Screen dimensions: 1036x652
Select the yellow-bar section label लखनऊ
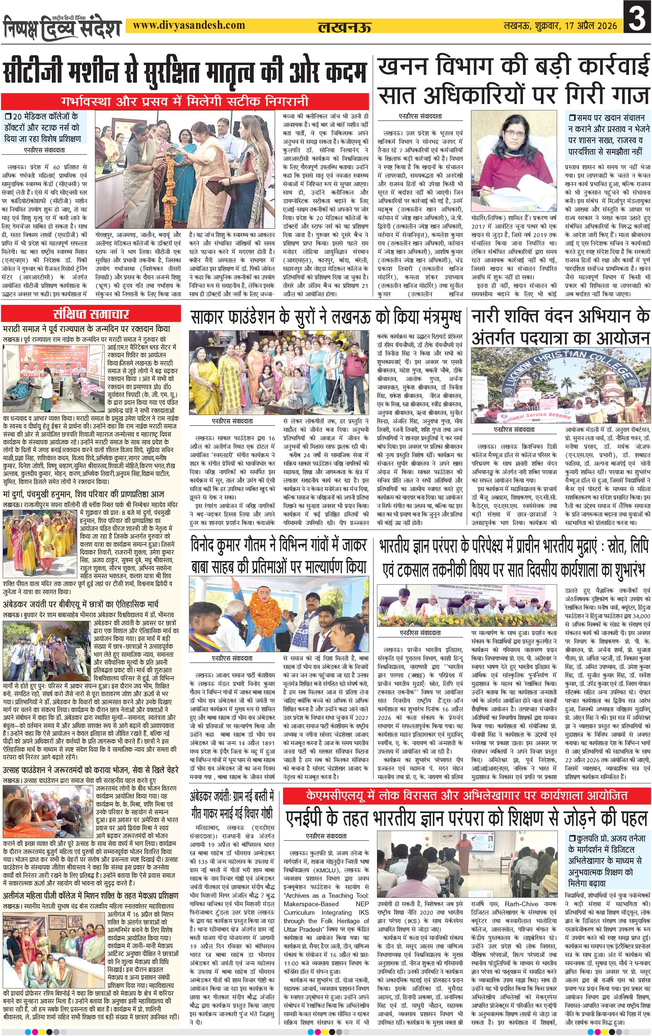[344, 27]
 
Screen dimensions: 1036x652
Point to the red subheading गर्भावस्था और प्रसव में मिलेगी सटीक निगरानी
[185, 102]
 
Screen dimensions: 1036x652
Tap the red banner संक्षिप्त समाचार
[91, 313]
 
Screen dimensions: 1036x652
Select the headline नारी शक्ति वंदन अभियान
[561, 327]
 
